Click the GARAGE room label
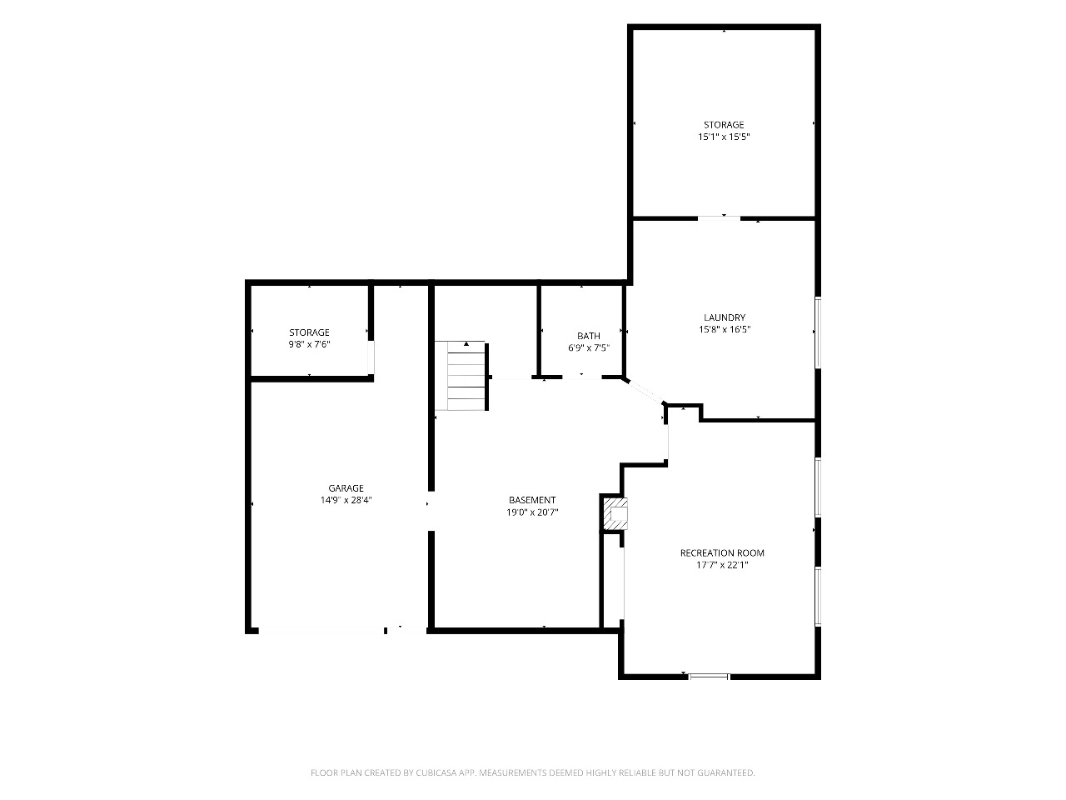(x=346, y=488)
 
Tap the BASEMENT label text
(x=532, y=500)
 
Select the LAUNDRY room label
(x=725, y=317)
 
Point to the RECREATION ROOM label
(x=722, y=552)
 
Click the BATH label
(x=589, y=336)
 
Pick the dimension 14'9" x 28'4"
(x=346, y=500)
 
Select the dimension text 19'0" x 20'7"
(x=532, y=512)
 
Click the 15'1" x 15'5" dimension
(x=724, y=137)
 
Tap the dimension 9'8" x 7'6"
(x=309, y=344)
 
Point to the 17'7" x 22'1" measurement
(x=722, y=565)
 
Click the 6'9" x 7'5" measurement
(x=589, y=347)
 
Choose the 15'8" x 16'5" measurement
(x=725, y=329)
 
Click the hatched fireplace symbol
(x=615, y=514)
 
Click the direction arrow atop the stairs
(x=466, y=344)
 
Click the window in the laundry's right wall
(x=818, y=332)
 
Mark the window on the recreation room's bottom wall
(x=709, y=676)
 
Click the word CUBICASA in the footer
(x=436, y=772)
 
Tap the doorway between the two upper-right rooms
(x=720, y=218)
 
